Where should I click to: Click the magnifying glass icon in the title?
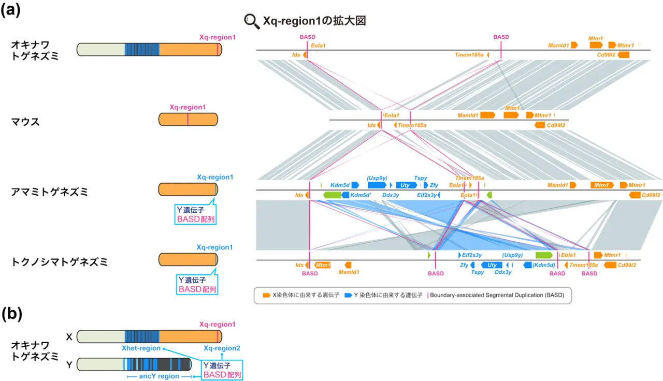252,21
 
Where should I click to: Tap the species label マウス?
25,122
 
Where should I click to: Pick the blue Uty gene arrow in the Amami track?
406,185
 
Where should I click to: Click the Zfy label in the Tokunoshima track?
464,265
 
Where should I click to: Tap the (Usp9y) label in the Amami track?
377,177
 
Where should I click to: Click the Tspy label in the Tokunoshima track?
478,272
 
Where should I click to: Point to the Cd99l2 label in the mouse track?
556,125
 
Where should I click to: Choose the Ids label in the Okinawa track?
296,54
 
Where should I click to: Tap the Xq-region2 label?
222,348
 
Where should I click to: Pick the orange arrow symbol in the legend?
266,295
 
